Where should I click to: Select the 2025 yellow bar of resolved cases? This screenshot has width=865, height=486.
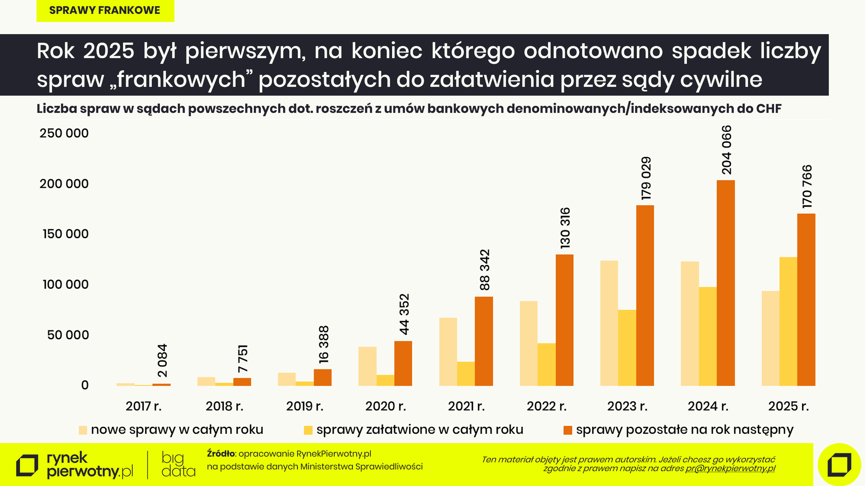[x=788, y=321]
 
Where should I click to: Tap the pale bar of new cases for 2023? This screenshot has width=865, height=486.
[x=609, y=323]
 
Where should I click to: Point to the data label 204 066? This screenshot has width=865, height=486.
[x=726, y=150]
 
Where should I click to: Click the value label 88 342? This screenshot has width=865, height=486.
[x=484, y=270]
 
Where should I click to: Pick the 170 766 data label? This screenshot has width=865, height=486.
[x=807, y=187]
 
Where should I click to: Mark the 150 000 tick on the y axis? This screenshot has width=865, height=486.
[x=66, y=234]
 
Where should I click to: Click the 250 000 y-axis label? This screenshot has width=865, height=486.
[x=64, y=133]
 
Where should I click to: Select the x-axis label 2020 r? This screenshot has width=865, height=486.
[x=385, y=406]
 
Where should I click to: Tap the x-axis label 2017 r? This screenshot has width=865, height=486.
[x=144, y=406]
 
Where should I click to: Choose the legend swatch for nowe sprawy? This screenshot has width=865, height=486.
[x=83, y=430]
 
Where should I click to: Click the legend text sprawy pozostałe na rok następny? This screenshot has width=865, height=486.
[x=684, y=430]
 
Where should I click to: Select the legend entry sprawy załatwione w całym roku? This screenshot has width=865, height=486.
[x=419, y=430]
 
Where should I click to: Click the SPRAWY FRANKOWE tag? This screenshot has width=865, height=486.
[x=105, y=10]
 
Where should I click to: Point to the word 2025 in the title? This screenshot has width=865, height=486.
[x=109, y=51]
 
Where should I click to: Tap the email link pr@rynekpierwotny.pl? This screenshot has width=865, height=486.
[x=730, y=468]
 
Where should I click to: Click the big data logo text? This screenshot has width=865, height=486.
[x=178, y=464]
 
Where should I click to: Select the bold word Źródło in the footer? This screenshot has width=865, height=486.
[x=221, y=454]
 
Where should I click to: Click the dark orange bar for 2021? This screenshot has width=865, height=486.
[x=484, y=341]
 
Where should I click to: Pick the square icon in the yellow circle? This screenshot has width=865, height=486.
[x=839, y=464]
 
